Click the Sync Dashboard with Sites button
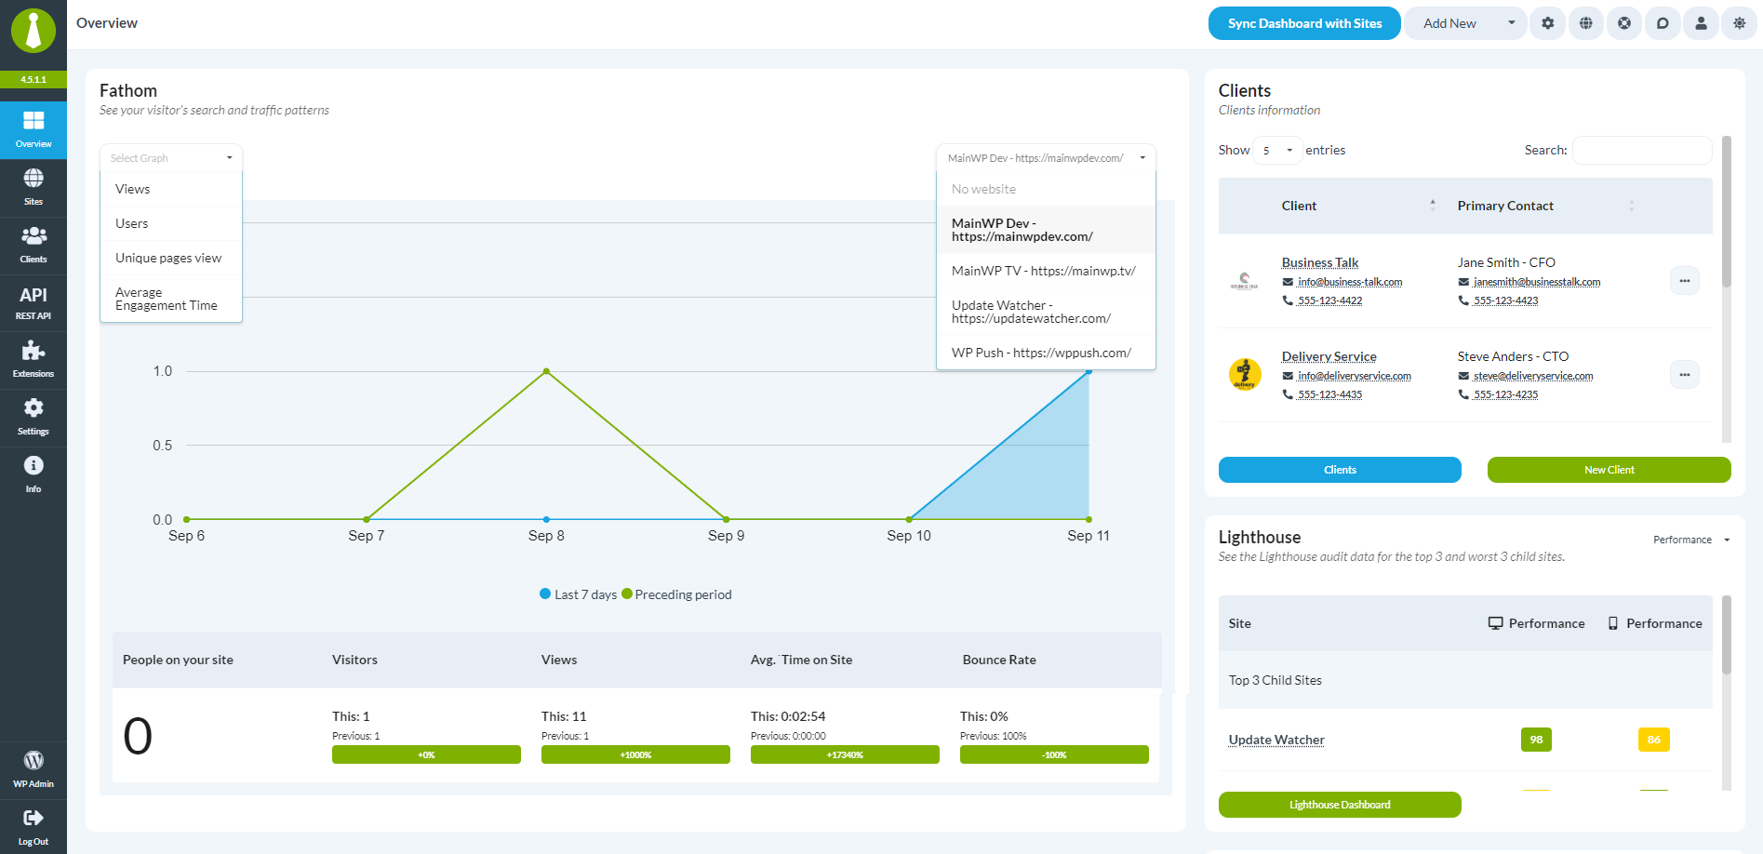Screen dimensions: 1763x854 [x=1304, y=23]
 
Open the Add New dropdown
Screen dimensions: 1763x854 [x=1464, y=23]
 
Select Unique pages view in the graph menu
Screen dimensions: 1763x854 [x=168, y=258]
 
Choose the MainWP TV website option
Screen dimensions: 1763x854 [x=1044, y=271]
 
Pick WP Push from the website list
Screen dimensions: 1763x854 [x=1041, y=353]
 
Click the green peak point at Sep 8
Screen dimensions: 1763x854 [x=546, y=371]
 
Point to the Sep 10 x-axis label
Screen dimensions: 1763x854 [x=909, y=536]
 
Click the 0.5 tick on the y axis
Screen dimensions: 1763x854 [x=163, y=446]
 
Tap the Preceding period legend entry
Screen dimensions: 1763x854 [x=676, y=594]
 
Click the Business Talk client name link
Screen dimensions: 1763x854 [x=1320, y=262]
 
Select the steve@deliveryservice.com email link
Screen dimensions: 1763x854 [x=1533, y=376]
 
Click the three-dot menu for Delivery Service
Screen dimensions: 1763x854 [x=1685, y=375]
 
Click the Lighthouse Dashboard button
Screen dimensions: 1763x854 [x=1340, y=805]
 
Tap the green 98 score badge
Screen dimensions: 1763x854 [x=1536, y=740]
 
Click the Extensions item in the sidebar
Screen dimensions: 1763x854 [x=33, y=359]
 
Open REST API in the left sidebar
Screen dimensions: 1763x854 [x=33, y=303]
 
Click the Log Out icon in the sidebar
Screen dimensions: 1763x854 [x=33, y=818]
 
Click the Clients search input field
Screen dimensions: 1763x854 [x=1642, y=150]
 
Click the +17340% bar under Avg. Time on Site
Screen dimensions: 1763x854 [x=845, y=754]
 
